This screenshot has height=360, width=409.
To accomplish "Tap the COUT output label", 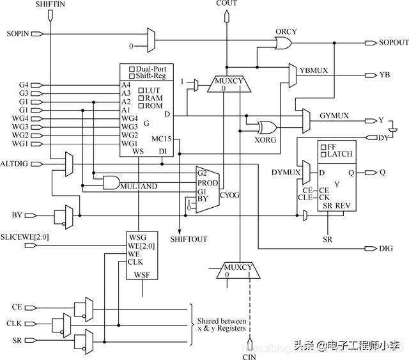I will pos(226,4).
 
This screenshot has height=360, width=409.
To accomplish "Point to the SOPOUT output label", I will pos(394,42).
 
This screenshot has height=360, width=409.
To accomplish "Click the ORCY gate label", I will pos(286,31).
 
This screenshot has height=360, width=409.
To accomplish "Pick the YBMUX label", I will pos(314,67).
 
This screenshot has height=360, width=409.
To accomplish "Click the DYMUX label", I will pos(284,173).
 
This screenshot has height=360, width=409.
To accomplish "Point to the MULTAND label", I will pos(139,185).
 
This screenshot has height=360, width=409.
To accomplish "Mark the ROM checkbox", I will pos(141,106).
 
